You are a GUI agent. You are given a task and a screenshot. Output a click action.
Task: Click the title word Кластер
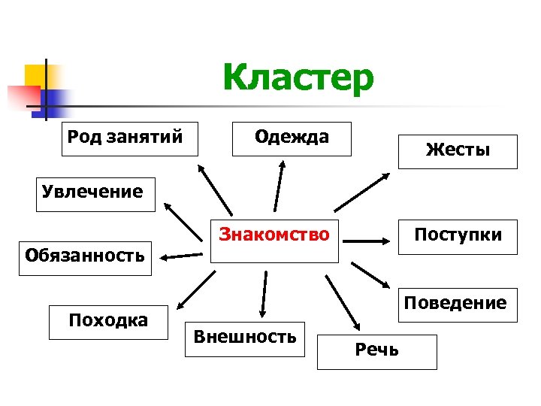298,77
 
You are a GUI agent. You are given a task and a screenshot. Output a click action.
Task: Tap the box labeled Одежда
292,138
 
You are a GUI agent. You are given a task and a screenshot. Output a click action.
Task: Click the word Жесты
458,150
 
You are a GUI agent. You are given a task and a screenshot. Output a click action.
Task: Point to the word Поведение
455,304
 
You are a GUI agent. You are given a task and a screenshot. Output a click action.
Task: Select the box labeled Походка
108,322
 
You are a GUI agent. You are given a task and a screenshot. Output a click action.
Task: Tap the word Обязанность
85,254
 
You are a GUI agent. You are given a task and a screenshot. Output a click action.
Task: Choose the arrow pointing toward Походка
192,292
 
